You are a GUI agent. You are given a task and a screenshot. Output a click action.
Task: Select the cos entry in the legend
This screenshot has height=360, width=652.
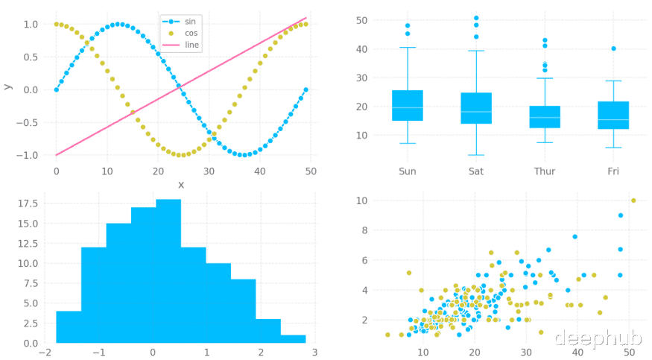coord(192,33)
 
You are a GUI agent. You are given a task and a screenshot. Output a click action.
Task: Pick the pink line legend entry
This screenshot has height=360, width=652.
coord(192,45)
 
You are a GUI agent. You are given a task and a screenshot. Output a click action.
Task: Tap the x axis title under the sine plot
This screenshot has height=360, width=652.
coord(180,184)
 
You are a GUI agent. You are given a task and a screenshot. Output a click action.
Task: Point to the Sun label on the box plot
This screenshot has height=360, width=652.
coord(408,171)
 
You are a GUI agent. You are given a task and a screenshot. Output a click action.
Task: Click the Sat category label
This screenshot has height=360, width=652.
coord(476,171)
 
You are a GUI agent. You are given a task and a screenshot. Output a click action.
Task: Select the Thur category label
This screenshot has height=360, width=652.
coord(545,171)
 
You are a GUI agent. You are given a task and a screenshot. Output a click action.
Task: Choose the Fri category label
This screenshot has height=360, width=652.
coord(613,171)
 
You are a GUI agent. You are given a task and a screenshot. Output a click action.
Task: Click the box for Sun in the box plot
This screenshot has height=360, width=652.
coord(408,105)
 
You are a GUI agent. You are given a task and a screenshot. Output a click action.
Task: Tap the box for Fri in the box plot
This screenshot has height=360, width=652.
coord(613,115)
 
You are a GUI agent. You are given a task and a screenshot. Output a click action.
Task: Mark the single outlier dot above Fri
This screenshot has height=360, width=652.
coord(613,48)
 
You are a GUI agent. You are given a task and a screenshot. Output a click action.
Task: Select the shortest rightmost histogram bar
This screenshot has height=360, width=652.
coord(293,339)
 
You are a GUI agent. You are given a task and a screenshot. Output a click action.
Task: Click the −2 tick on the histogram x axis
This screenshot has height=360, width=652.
coord(45,352)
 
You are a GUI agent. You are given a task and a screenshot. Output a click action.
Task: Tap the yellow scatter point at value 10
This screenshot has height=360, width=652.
coord(633,200)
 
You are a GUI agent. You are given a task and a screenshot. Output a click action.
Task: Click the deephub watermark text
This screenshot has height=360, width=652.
coord(598,338)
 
